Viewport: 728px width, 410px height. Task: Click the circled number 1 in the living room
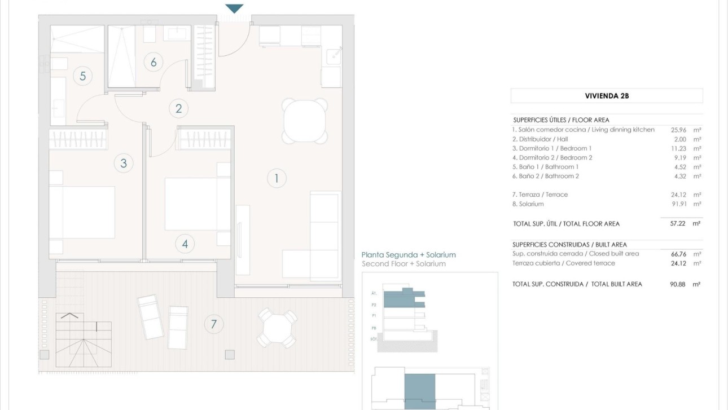[x=277, y=179]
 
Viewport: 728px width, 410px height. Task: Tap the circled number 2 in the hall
[x=179, y=108]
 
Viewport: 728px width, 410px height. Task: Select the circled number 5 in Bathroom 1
[x=83, y=76]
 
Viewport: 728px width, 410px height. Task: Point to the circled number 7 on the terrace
[x=213, y=324]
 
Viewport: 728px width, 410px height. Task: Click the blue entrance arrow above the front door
[x=234, y=8]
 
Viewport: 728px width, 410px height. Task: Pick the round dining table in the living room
[x=305, y=121]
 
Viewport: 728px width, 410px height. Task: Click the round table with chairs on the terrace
[x=277, y=328]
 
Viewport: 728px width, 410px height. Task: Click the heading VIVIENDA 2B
[x=607, y=96]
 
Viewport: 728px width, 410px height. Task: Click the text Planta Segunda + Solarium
[x=408, y=255]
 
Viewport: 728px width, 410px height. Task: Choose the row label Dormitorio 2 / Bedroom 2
[x=552, y=158]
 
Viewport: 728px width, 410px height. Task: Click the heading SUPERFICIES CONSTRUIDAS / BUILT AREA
[x=569, y=244]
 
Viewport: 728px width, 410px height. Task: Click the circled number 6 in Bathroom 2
[x=154, y=62]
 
